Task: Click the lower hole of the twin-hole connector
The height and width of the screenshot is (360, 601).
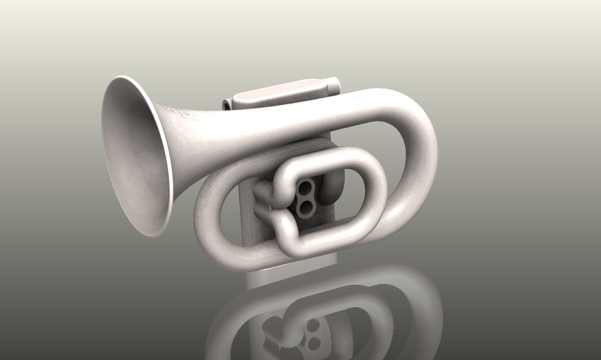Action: (303, 209)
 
